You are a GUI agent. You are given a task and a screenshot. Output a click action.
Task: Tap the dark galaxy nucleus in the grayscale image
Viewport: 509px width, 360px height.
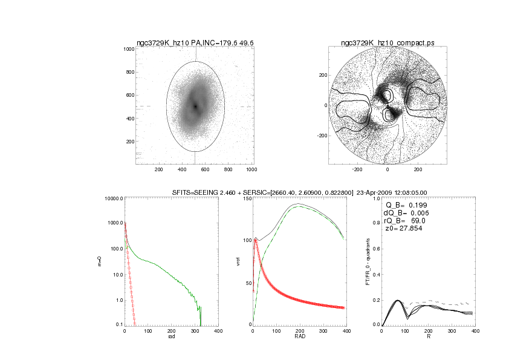point(195,106)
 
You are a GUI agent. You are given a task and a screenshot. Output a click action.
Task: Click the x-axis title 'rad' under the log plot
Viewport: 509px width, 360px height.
point(172,337)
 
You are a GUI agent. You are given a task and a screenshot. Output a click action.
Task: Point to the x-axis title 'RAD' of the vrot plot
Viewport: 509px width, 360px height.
point(300,337)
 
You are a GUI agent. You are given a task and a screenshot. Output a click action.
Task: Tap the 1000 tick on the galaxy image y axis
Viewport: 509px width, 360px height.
point(128,49)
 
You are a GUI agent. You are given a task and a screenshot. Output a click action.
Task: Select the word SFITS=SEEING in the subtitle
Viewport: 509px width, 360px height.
point(194,192)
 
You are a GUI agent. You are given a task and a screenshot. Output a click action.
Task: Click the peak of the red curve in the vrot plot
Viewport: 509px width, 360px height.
point(256,240)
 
